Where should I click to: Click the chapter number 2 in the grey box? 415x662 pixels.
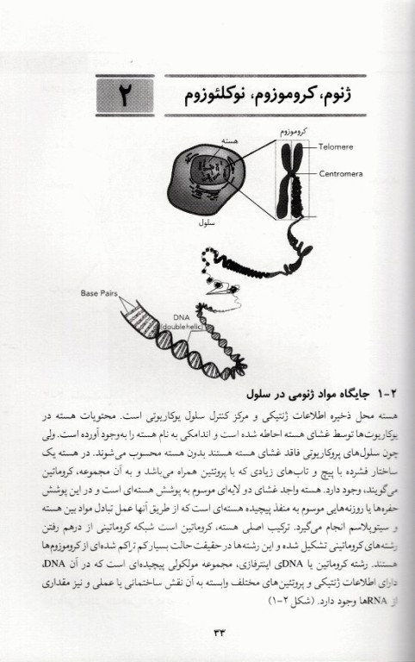[123, 96]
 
